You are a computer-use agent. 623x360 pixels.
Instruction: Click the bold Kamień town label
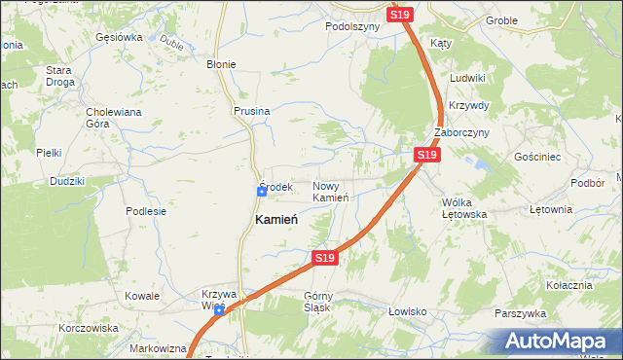[276, 220]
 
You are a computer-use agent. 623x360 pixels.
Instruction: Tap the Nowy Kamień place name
[331, 192]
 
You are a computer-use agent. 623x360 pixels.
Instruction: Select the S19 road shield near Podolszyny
[400, 15]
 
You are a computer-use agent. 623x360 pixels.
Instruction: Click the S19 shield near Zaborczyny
[426, 155]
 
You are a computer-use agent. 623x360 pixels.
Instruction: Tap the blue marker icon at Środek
[262, 192]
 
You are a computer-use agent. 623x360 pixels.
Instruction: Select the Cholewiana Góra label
[114, 118]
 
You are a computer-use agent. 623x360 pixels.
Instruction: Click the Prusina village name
[251, 112]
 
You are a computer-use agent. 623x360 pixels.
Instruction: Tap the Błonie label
[221, 64]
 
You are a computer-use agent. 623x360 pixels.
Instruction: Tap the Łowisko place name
[408, 311]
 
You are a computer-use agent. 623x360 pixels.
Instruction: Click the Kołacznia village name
[569, 285]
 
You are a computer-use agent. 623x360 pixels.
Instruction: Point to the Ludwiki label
[468, 77]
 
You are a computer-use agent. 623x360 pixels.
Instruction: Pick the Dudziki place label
[68, 181]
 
